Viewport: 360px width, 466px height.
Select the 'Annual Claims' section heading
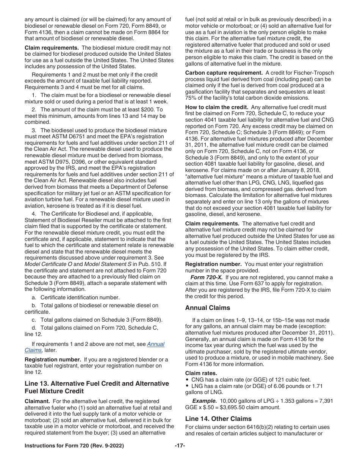(207, 308)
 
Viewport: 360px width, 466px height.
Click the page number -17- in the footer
(180, 446)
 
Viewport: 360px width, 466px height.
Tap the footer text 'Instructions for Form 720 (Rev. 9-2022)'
(74, 446)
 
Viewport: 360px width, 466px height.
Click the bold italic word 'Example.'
(205, 401)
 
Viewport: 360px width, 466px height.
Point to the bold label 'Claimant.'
(37, 401)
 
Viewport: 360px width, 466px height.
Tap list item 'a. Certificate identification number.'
(76, 297)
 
